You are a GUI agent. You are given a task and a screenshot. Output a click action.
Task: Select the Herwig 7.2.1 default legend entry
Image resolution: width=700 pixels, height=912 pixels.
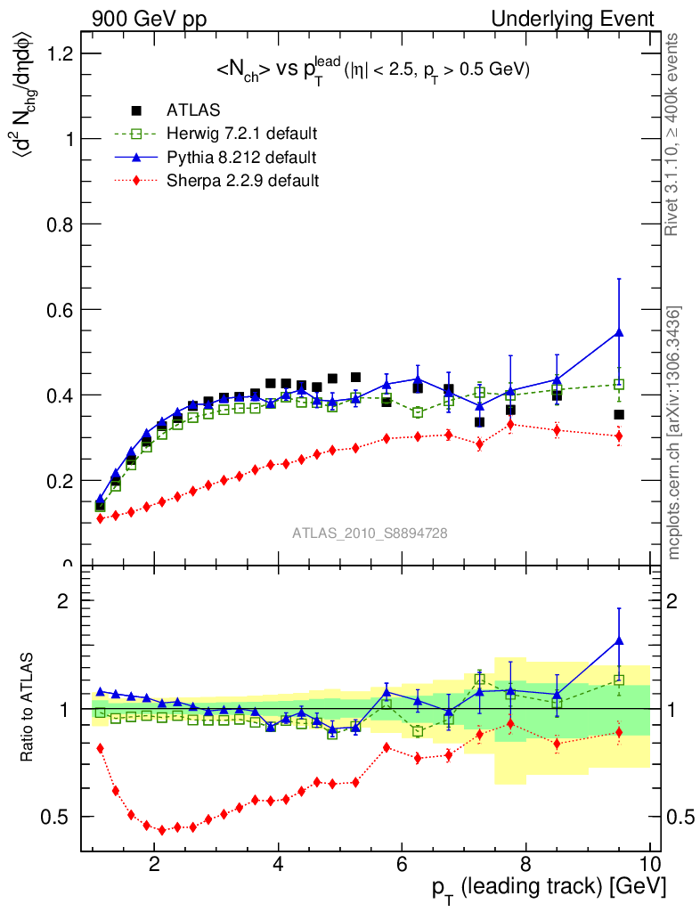point(241,134)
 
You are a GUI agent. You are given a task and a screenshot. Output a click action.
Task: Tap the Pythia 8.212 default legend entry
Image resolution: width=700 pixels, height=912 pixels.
point(240,158)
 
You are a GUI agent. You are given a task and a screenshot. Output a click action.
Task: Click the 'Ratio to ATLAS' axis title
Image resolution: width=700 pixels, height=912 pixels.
point(28,708)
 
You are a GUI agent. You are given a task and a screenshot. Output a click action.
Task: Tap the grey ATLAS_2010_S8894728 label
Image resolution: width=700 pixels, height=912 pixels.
point(370,533)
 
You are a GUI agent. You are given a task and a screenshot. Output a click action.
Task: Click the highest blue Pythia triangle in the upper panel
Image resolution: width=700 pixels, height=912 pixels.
point(619,332)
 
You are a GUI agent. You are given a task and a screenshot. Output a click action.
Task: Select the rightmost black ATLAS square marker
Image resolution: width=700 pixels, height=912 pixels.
point(619,414)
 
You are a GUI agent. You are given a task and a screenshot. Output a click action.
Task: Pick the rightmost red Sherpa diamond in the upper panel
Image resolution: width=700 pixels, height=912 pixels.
point(619,436)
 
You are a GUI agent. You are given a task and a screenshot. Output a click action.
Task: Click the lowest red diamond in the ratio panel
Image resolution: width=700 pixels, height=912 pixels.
point(162,830)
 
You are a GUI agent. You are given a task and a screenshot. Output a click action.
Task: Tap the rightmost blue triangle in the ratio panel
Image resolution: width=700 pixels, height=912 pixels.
point(619,640)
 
